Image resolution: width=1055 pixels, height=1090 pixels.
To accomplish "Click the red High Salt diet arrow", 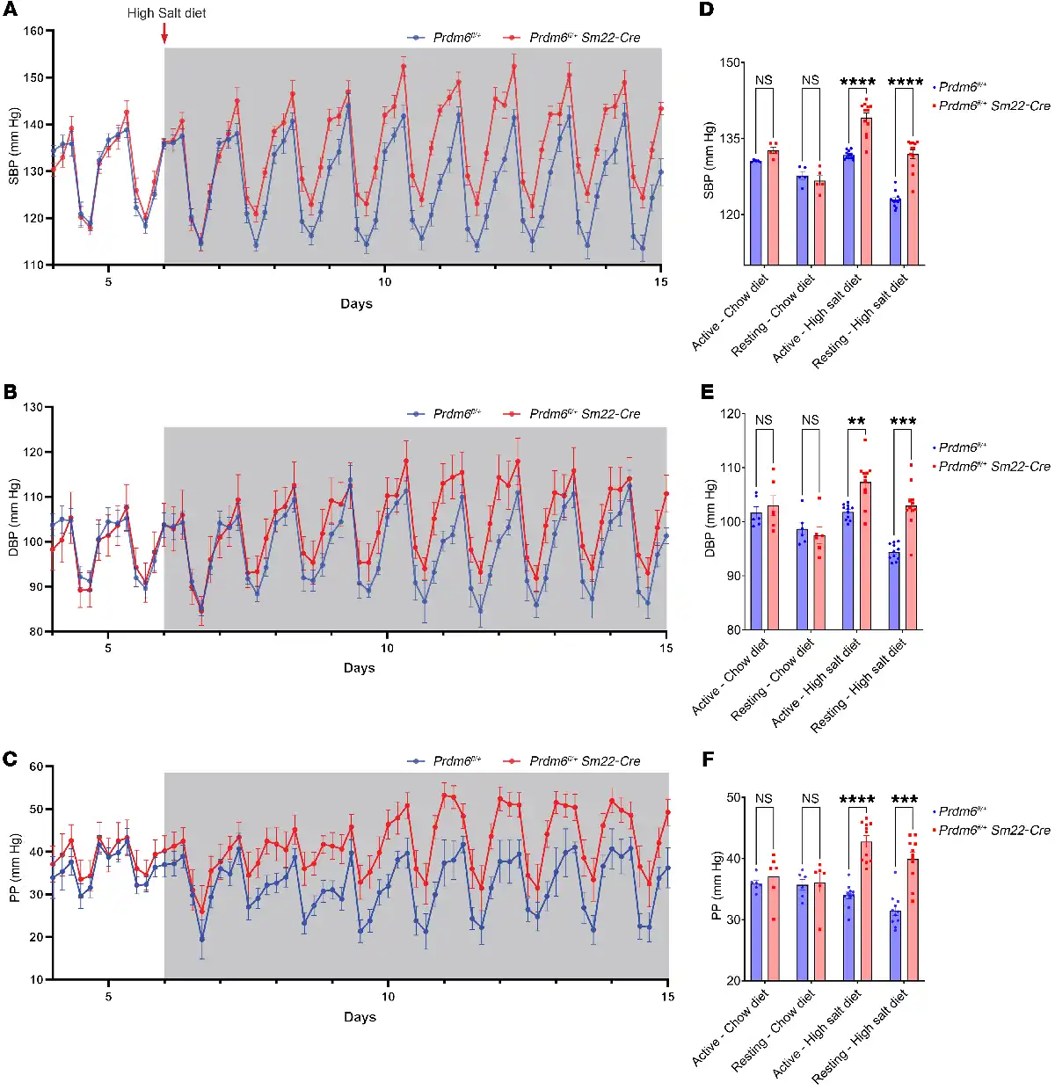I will pyautogui.click(x=164, y=33).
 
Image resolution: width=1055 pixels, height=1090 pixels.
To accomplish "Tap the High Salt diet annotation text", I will pyautogui.click(x=167, y=13).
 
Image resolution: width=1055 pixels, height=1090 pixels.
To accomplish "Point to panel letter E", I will pyautogui.click(x=707, y=392).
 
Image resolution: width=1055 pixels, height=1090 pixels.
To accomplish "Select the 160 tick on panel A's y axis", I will pyautogui.click(x=33, y=31).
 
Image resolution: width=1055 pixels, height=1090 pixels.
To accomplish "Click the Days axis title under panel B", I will pyautogui.click(x=359, y=668).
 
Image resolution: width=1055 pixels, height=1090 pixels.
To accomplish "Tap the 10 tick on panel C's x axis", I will pyautogui.click(x=388, y=996).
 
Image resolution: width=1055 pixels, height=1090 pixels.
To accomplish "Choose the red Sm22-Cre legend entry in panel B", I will pyautogui.click(x=572, y=414).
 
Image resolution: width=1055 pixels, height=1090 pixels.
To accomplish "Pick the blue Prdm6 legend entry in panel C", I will pyautogui.click(x=445, y=761).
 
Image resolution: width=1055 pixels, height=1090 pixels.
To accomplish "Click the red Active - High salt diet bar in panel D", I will pyautogui.click(x=866, y=191).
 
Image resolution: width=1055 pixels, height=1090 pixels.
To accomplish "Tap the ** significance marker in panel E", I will pyautogui.click(x=857, y=422).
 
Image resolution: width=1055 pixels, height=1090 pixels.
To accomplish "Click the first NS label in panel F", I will pyautogui.click(x=763, y=799).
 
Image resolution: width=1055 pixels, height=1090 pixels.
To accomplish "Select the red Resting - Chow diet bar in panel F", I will pyautogui.click(x=819, y=932).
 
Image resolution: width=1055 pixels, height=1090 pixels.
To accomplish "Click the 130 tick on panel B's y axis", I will pyautogui.click(x=33, y=407).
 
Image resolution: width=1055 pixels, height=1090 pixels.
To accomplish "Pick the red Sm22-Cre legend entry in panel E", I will pyautogui.click(x=992, y=467).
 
